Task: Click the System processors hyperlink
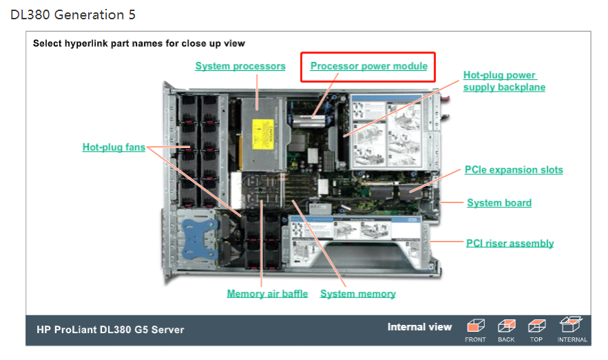pyautogui.click(x=240, y=66)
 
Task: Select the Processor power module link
pyautogui.click(x=368, y=66)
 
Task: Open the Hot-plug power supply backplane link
pyautogui.click(x=503, y=81)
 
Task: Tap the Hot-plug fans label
pyautogui.click(x=114, y=147)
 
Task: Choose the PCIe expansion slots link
pyautogui.click(x=514, y=169)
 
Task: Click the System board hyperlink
pyautogui.click(x=499, y=202)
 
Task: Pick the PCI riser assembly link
pyautogui.click(x=510, y=243)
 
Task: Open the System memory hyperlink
pyautogui.click(x=357, y=294)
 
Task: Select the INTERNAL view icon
pyautogui.click(x=572, y=325)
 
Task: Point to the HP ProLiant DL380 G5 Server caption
pyautogui.click(x=110, y=329)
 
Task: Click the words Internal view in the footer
pyautogui.click(x=419, y=327)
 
